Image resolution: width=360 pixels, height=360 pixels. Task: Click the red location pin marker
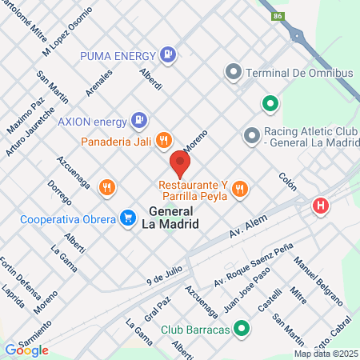coord(180,166)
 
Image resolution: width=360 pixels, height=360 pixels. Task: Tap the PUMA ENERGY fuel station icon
coord(167,54)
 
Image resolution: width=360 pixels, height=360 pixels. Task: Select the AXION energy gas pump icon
coord(139,121)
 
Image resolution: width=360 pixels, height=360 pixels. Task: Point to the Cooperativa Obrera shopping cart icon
coord(127,217)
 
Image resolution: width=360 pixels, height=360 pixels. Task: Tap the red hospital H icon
coord(321,206)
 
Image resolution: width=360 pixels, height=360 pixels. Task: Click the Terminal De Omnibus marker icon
coord(234,73)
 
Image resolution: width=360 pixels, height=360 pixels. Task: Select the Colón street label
coord(288,181)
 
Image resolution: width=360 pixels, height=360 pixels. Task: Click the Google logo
coord(26,350)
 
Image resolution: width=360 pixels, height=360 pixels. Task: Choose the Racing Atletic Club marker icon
coord(251,134)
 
